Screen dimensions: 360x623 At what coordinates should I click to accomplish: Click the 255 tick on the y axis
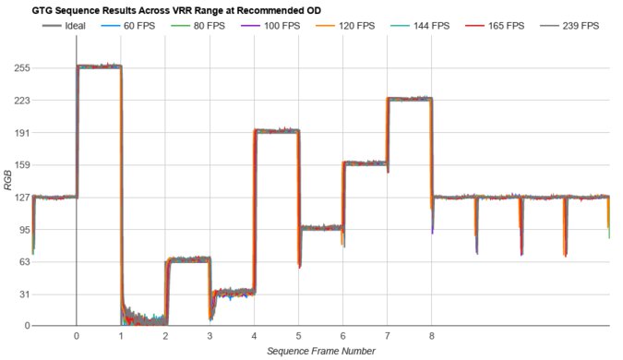coord(21,68)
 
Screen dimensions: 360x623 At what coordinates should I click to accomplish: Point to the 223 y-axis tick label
coord(21,101)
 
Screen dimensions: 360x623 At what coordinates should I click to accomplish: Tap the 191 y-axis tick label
coord(21,133)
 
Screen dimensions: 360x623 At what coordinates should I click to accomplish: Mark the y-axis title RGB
coord(8,198)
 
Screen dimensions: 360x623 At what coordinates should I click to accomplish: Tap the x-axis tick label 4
coord(254,336)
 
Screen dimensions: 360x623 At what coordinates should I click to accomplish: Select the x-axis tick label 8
coord(432,336)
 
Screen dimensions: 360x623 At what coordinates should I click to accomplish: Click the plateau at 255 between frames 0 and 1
coord(99,66)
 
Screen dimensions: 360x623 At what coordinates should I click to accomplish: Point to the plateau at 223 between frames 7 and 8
coord(409,99)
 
